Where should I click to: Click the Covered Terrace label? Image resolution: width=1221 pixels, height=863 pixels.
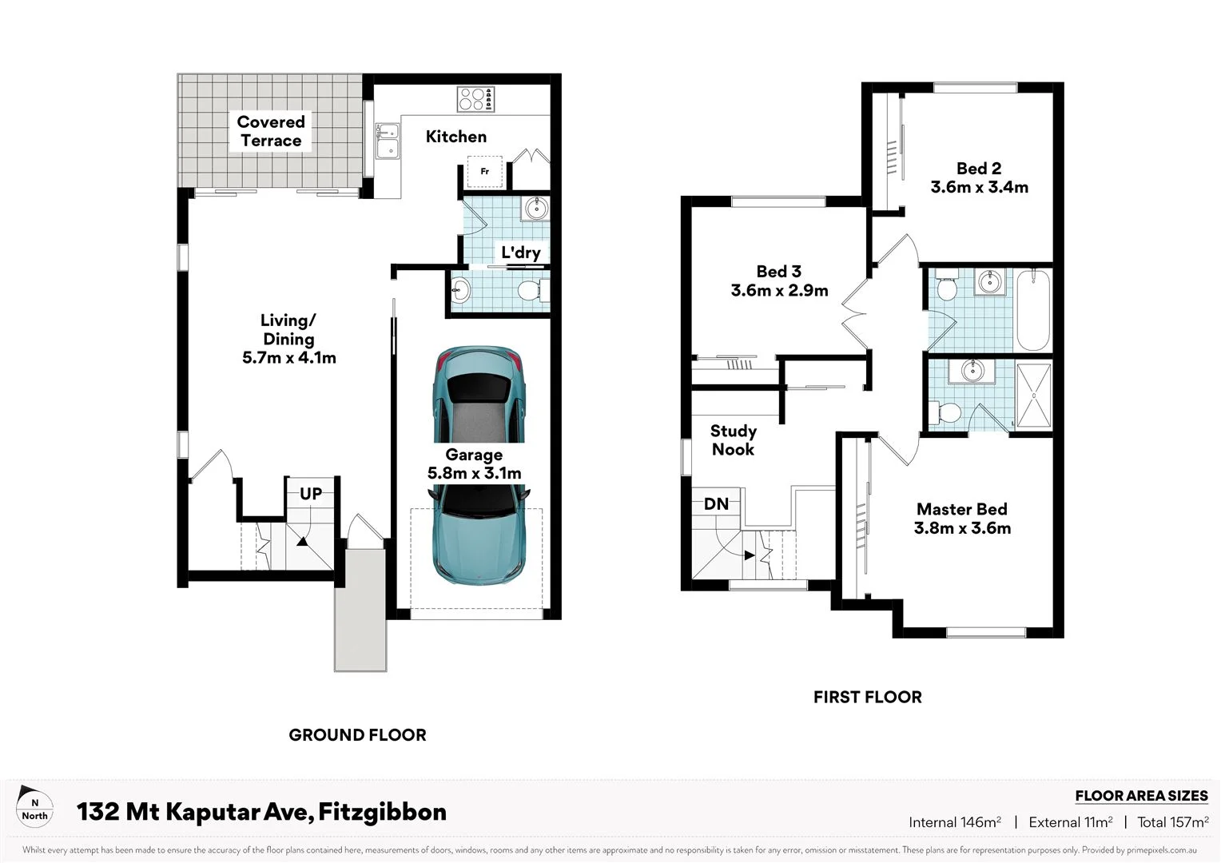(x=271, y=132)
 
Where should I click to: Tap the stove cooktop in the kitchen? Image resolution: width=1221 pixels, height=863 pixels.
(x=475, y=100)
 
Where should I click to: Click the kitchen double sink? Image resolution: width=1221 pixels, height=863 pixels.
(x=388, y=141)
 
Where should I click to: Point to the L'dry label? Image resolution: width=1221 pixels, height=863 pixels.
(x=520, y=253)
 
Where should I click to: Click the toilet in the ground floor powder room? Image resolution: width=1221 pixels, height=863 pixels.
(x=530, y=290)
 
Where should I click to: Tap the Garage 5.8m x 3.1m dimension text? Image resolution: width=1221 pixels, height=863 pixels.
(x=474, y=473)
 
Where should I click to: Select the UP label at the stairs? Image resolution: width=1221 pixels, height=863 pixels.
(x=311, y=494)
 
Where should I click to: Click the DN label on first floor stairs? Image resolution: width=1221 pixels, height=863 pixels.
(x=716, y=504)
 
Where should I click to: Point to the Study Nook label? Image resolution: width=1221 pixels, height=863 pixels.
(x=733, y=440)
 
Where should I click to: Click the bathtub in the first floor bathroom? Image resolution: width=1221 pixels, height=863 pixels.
(x=1033, y=310)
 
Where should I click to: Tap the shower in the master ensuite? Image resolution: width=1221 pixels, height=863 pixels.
(x=1034, y=396)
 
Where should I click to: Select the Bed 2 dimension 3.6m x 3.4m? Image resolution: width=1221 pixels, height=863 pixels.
(x=979, y=187)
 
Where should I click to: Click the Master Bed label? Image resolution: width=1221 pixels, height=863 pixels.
(x=961, y=509)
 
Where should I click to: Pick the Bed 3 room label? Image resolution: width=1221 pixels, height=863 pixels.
(x=778, y=272)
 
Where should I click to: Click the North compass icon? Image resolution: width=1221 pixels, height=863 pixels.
(x=34, y=807)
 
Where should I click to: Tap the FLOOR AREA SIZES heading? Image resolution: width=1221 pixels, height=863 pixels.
(x=1140, y=796)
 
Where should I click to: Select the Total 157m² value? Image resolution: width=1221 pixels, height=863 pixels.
(x=1172, y=822)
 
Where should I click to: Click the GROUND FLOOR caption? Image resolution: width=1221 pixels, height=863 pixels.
(x=357, y=735)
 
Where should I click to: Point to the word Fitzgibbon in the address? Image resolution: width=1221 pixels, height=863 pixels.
(x=382, y=812)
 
